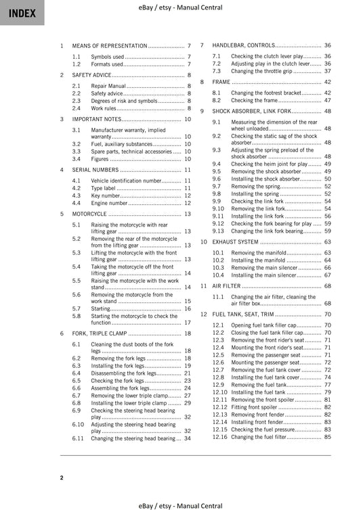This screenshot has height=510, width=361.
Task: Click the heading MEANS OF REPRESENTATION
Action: coord(109,45)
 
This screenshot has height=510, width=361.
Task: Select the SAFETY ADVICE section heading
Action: coord(92,75)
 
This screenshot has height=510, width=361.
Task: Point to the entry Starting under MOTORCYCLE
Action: coord(100,308)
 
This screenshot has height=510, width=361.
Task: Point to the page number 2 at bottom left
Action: coord(62,478)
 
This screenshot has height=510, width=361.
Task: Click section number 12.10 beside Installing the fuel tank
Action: coord(219,392)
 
